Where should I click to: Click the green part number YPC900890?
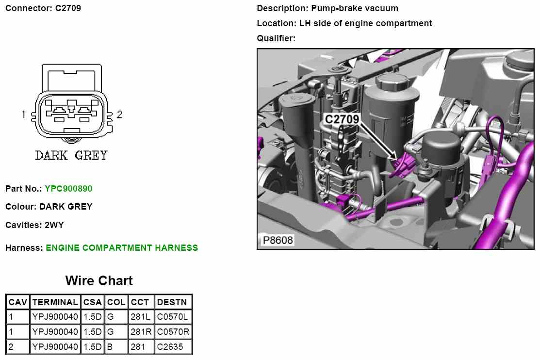68,188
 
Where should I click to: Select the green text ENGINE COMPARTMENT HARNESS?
122,247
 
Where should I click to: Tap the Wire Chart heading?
99,280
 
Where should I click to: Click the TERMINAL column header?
55,302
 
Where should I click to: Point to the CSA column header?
92,302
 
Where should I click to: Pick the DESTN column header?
172,302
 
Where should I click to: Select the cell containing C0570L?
172,317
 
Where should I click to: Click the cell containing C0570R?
173,332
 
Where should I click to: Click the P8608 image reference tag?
278,241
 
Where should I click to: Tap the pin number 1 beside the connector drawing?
23,115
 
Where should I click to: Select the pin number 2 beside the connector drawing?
119,115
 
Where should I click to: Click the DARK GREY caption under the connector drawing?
71,156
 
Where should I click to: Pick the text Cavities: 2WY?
34,225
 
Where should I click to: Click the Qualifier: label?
276,38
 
